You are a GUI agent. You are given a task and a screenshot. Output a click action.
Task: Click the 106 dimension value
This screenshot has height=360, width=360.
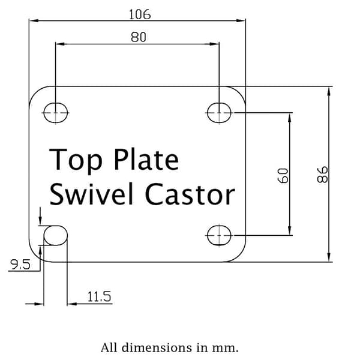[140, 14]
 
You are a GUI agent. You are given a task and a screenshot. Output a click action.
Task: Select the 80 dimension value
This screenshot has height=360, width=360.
[138, 37]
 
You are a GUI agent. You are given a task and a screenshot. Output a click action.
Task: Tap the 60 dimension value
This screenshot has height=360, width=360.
[283, 176]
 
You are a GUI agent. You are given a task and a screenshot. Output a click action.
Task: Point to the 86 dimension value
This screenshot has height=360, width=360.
[323, 175]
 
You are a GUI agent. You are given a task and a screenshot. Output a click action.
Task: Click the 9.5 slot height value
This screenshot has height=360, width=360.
[20, 264]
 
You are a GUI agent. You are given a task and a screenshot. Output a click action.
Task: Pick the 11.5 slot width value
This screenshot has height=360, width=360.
[99, 296]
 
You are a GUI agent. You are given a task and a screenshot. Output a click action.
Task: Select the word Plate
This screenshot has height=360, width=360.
[146, 159]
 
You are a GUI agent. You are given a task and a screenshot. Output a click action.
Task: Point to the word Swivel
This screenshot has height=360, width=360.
[91, 194]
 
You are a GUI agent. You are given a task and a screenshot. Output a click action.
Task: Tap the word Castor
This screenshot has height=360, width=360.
[190, 194]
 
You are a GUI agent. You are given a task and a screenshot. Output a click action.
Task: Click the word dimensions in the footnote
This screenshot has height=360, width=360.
[157, 347]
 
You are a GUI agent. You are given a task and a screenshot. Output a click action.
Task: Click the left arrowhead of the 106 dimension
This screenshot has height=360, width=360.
[34, 20]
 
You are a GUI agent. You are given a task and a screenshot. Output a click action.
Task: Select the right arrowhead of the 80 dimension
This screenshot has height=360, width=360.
[214, 44]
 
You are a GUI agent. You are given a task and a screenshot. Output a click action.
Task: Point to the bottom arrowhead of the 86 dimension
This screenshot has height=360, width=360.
[329, 257]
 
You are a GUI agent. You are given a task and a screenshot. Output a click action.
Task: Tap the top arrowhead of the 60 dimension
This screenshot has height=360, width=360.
[290, 118]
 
